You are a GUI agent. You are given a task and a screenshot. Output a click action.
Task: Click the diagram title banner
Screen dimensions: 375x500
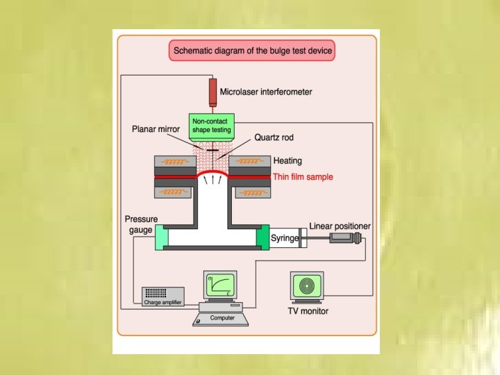tap(253, 51)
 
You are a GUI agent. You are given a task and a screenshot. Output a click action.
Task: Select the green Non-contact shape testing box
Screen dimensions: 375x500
tap(212, 126)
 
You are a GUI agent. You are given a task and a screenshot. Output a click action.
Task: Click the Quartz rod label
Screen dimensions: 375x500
tap(274, 137)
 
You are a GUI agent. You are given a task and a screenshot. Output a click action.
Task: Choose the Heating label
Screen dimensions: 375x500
tap(287, 161)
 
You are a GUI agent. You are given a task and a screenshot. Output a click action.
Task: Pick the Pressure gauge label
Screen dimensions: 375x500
tap(141, 224)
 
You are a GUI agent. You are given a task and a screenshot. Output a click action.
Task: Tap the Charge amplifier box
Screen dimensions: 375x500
tap(163, 297)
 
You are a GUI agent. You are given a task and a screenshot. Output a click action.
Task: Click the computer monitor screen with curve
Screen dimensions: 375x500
tap(220, 285)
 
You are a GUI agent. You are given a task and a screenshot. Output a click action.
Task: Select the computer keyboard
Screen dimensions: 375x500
tap(220, 319)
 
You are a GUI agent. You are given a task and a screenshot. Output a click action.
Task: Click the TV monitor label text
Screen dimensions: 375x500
tap(308, 311)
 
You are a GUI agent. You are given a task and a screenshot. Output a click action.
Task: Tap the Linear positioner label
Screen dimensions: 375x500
tap(340, 226)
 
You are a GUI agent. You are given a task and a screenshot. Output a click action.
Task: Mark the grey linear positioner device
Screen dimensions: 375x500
tap(345, 238)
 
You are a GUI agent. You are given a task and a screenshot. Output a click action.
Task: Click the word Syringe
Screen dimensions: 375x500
tap(285, 238)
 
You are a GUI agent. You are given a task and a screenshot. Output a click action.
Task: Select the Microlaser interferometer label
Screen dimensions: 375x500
tap(266, 91)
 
